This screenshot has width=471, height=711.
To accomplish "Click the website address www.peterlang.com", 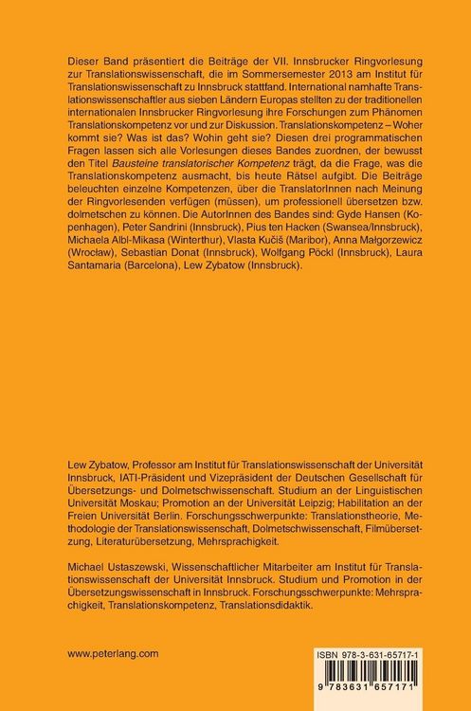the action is click(x=112, y=653).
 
